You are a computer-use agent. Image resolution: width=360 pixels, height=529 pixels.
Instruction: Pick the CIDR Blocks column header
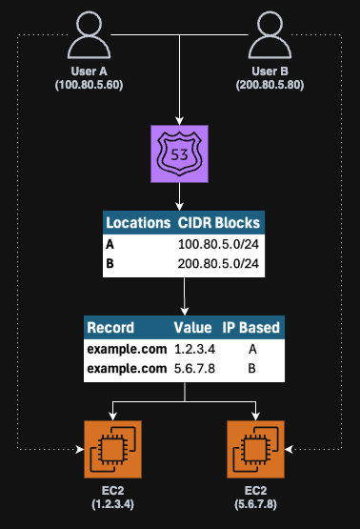coord(218,222)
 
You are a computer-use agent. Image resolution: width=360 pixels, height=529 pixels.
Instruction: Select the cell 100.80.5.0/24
coord(218,244)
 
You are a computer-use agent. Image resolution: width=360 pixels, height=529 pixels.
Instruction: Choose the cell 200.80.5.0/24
coord(218,263)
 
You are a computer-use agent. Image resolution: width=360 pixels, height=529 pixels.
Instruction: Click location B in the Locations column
coord(110,263)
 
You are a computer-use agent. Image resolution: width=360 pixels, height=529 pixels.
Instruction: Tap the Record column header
coord(110,328)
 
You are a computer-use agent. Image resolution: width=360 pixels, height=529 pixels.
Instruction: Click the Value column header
coord(192,328)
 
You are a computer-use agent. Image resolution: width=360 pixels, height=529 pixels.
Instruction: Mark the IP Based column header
coord(250,328)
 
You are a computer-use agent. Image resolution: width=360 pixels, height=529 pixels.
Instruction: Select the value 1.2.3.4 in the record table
coord(192,349)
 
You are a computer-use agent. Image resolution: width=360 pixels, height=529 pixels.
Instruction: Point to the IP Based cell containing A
coord(250,349)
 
